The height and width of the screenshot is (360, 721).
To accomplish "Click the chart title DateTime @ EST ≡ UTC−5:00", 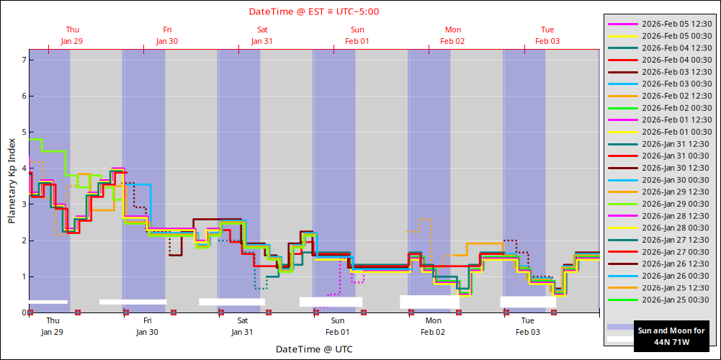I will (314, 12).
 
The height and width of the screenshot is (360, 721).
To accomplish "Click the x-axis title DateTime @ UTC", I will (314, 349).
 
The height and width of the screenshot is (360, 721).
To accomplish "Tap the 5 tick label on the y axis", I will (23, 132).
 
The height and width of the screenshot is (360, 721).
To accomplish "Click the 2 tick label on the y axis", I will (23, 240).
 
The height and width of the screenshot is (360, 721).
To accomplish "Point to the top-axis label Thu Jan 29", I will (72, 35).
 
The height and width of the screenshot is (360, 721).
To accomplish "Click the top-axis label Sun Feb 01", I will (357, 35).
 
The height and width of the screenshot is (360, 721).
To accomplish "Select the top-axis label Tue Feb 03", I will (547, 35).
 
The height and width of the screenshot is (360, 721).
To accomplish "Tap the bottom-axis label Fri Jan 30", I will (147, 326).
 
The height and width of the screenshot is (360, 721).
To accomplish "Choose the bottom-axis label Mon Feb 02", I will (434, 326).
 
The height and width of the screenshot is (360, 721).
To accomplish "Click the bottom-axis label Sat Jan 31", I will (243, 326).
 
